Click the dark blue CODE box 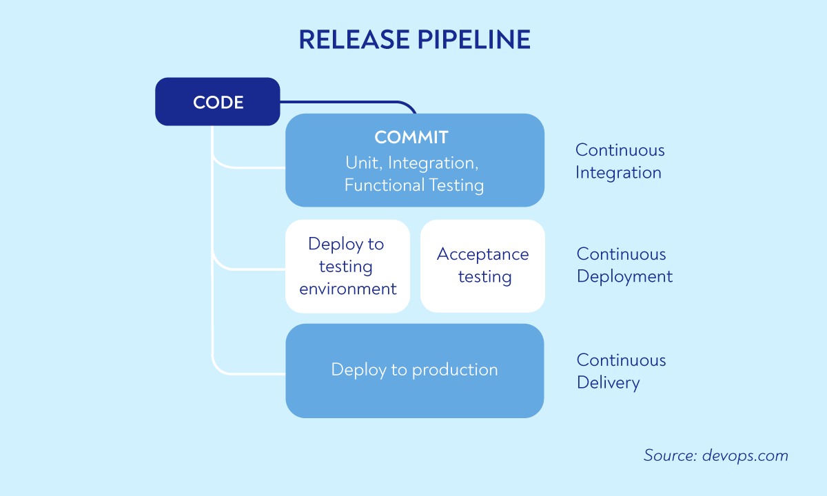click(x=217, y=102)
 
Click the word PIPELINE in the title click(x=473, y=40)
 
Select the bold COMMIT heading click(x=411, y=137)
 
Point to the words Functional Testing click(x=413, y=185)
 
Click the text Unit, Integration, click(x=411, y=163)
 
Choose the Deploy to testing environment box click(x=347, y=267)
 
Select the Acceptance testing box click(x=482, y=267)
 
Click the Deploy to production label click(x=414, y=370)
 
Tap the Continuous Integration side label click(x=619, y=161)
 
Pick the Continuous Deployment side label click(x=624, y=265)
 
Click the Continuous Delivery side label click(x=620, y=371)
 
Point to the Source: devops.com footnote click(x=715, y=455)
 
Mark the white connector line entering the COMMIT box click(x=255, y=167)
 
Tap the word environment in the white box click(x=347, y=289)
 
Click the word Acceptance click(x=482, y=254)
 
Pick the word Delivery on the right click(x=608, y=383)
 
